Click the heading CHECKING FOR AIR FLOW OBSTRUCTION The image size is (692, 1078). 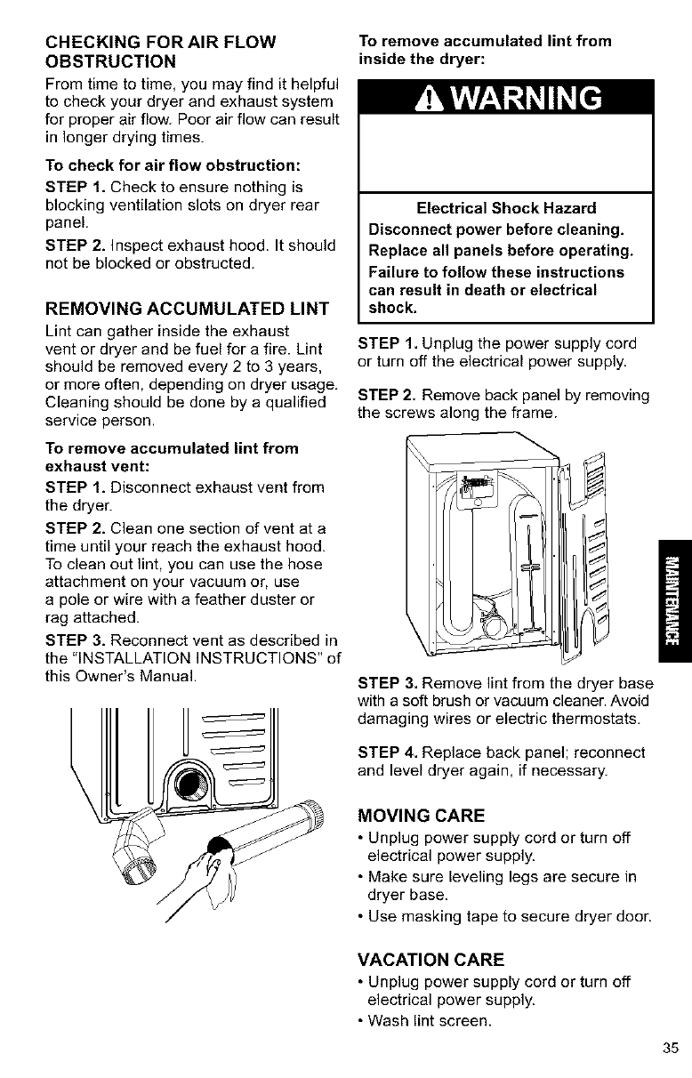(x=160, y=52)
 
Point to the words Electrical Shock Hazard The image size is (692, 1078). (x=505, y=209)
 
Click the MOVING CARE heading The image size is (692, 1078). (x=420, y=815)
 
